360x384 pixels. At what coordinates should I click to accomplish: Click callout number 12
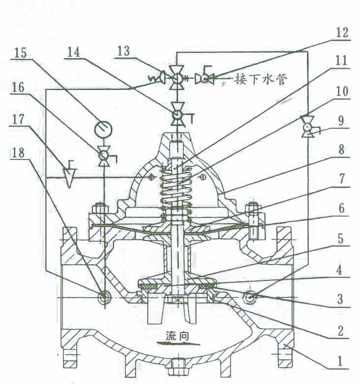(342, 32)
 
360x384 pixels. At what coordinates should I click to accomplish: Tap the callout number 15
(21, 53)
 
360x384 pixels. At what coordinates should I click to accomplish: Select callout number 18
(18, 153)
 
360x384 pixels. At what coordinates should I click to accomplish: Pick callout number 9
(341, 121)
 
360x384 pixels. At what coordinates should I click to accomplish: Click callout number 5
(341, 239)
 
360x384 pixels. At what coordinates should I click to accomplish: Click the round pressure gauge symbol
(103, 129)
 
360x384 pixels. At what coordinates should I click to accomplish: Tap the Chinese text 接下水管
(260, 79)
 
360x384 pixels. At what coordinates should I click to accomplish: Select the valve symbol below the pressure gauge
(104, 156)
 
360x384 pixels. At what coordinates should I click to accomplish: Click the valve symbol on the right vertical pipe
(308, 127)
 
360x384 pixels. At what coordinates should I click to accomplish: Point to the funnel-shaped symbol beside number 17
(69, 174)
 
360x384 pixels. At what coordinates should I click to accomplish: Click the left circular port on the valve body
(104, 297)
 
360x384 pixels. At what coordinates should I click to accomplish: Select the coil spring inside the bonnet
(176, 193)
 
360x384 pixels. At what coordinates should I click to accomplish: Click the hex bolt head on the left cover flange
(100, 208)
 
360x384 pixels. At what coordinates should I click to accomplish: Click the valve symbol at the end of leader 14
(179, 114)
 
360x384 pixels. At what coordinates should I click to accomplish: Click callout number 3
(340, 299)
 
